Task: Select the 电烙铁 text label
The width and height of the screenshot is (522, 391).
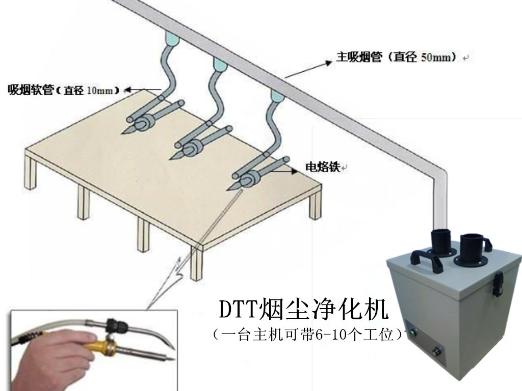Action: [322, 167]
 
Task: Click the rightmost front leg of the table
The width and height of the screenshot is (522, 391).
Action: [317, 204]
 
